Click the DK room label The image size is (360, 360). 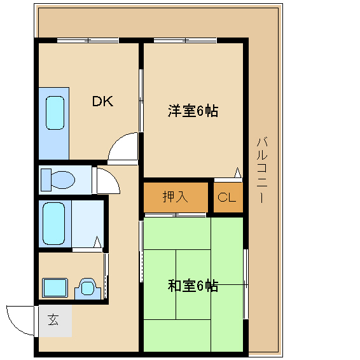point(102,101)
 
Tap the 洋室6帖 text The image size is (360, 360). point(193,111)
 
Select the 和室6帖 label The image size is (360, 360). point(193,286)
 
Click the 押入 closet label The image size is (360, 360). point(175,197)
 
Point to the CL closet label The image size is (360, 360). point(227,197)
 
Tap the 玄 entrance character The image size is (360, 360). point(54,321)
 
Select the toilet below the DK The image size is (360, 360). point(57,179)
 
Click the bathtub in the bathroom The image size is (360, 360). point(53,223)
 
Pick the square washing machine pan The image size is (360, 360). point(55,287)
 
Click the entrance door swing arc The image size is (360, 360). point(19,320)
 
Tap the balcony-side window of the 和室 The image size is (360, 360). point(244,284)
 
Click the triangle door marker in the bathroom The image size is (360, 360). point(97,242)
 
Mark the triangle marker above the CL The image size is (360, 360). point(237,172)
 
